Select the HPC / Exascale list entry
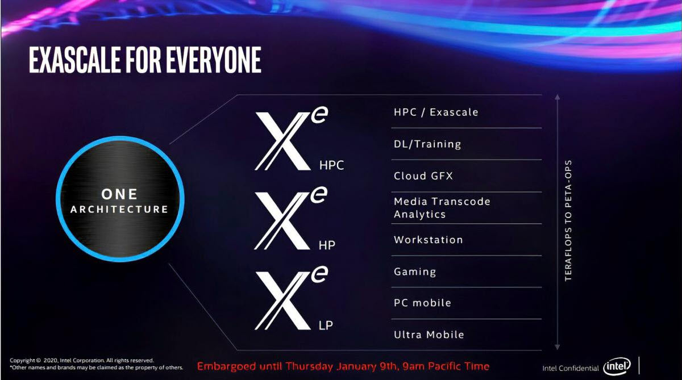tap(436, 112)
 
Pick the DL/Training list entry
tap(427, 144)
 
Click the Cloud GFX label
tap(423, 176)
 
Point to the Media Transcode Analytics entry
tap(442, 208)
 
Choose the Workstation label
tap(428, 240)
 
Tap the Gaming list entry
tap(415, 272)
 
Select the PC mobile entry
tap(422, 303)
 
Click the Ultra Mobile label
tap(429, 335)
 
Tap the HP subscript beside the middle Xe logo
tap(327, 245)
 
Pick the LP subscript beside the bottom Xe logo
tap(326, 325)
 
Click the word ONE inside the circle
tap(119, 194)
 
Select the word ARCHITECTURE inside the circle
tap(119, 210)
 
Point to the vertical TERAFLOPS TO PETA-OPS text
tap(568, 220)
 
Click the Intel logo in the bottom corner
tap(617, 367)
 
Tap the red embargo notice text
tap(343, 366)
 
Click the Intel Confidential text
tap(570, 368)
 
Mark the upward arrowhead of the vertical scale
tap(557, 98)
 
